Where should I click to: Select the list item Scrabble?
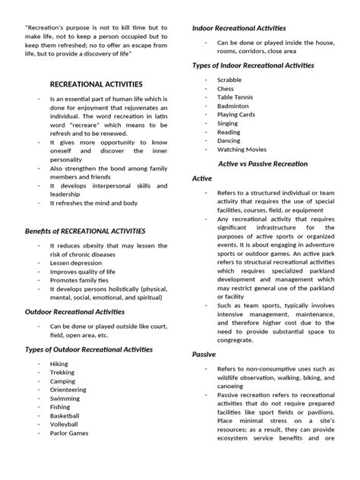pos(230,80)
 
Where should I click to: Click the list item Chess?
pos(226,89)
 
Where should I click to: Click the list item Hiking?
pos(58,364)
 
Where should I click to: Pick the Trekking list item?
pos(62,373)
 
